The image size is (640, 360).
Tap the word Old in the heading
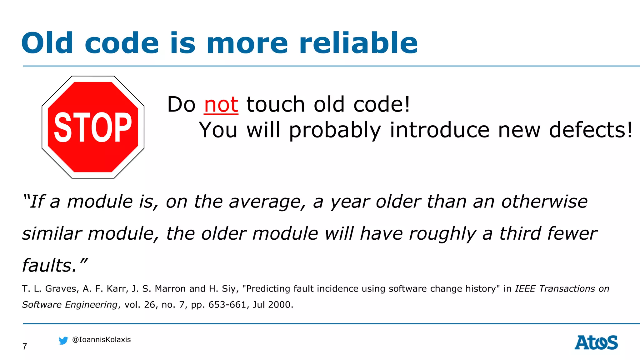point(47,43)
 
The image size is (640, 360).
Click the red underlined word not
point(221,105)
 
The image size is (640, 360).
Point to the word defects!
point(590,130)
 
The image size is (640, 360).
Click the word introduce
point(439,130)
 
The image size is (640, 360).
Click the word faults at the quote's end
point(49,266)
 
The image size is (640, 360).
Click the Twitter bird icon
point(63,341)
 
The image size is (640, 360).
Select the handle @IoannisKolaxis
point(101,340)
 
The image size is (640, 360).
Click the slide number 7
point(25,347)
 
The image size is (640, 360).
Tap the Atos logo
point(596,342)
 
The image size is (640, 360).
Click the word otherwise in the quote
point(544,202)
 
